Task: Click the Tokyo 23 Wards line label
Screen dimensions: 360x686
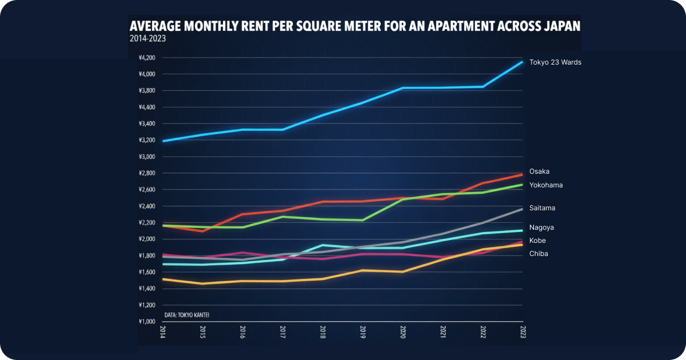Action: click(x=555, y=62)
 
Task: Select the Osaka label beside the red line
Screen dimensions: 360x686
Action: click(x=539, y=171)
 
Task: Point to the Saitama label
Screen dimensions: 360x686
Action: click(x=542, y=208)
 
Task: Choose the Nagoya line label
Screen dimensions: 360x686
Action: click(x=541, y=227)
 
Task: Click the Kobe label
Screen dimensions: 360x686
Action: click(x=537, y=241)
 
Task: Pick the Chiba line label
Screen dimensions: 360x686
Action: click(x=539, y=254)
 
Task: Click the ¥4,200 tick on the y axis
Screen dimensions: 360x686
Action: click(x=147, y=58)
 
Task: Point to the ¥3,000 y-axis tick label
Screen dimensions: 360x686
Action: click(x=147, y=157)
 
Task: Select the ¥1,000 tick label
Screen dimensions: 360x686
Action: click(x=147, y=322)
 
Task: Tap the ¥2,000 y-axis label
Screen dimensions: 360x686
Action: click(x=147, y=239)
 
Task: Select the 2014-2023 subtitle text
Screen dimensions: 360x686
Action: click(x=148, y=39)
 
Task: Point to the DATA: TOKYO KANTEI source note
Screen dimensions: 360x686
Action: click(x=187, y=315)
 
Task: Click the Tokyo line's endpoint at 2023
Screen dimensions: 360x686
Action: click(x=523, y=62)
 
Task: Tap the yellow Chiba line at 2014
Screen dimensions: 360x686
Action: click(x=163, y=279)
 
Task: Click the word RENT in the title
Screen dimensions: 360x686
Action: click(x=253, y=26)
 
